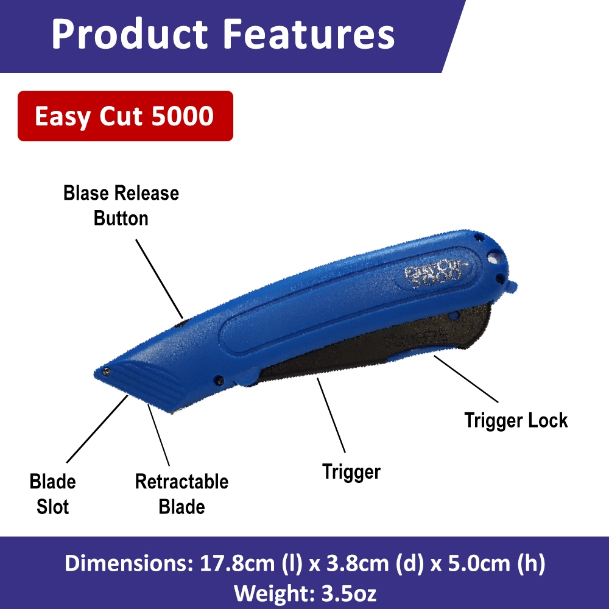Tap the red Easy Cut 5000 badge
tap(125, 116)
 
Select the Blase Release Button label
tap(121, 205)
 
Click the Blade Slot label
tap(53, 494)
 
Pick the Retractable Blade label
tap(181, 494)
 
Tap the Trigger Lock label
tap(516, 421)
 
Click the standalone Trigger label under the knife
tap(351, 472)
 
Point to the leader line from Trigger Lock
tap(466, 379)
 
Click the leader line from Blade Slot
tap(97, 429)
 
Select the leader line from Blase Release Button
tap(159, 278)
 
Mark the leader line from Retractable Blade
tap(158, 435)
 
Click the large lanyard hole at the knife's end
tap(494, 258)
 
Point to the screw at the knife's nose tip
tap(105, 372)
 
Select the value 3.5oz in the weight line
tap(349, 593)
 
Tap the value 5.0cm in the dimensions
tap(479, 563)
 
